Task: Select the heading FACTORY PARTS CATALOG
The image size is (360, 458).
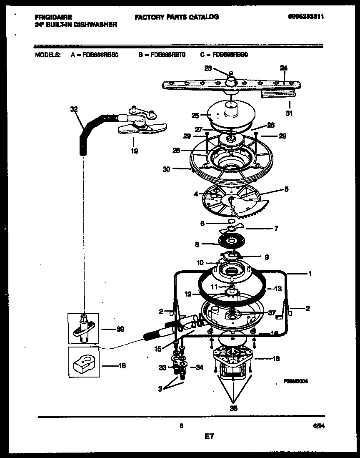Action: click(x=177, y=17)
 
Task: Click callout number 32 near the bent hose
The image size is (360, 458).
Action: click(x=74, y=109)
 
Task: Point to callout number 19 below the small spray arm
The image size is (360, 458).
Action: click(x=134, y=151)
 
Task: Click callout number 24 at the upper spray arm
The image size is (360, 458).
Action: click(x=283, y=68)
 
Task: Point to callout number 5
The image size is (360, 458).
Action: click(x=286, y=189)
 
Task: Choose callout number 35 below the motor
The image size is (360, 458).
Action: click(x=234, y=408)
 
